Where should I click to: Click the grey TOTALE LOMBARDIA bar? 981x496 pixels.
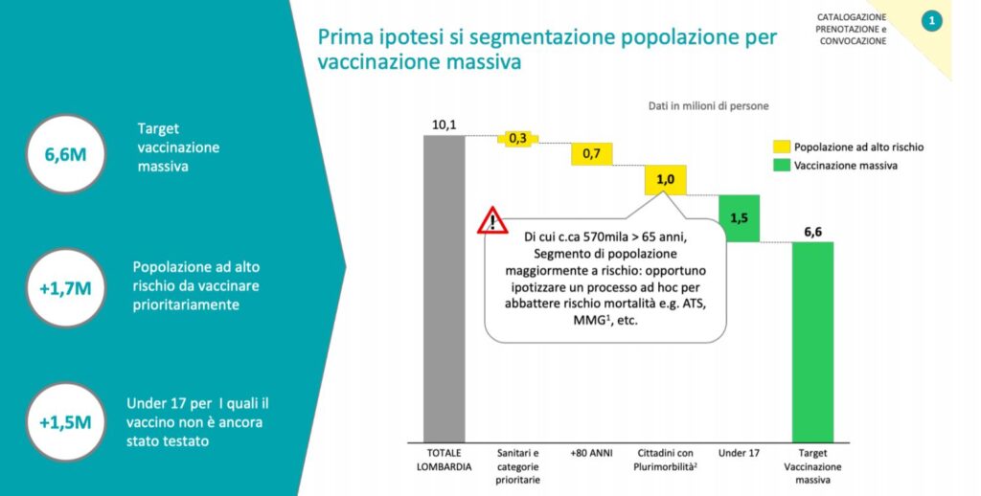tap(444, 287)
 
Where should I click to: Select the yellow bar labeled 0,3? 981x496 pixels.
tap(517, 139)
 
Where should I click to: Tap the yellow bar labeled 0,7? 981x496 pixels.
tap(591, 153)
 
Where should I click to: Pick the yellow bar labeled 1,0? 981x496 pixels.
tap(665, 180)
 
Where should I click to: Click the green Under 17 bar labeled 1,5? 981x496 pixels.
tap(739, 218)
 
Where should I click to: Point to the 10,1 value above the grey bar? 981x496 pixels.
tap(444, 125)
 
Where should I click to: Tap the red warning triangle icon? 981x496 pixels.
tap(492, 221)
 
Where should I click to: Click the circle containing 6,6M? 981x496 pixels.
tap(72, 153)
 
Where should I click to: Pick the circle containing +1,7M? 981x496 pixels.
tap(72, 285)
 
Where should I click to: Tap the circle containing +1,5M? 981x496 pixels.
tap(72, 420)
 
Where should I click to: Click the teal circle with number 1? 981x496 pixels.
tap(930, 21)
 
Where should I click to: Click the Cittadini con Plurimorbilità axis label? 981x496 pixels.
tap(665, 458)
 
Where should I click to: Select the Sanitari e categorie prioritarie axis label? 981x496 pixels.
tap(517, 463)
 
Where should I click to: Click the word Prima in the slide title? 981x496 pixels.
tap(343, 38)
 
